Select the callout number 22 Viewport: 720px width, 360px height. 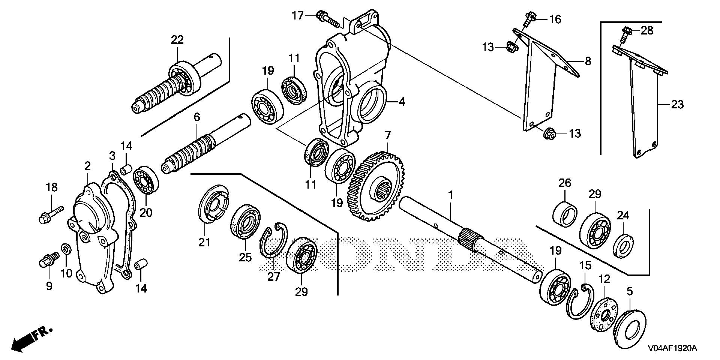point(177,40)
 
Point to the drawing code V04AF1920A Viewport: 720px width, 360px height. point(672,348)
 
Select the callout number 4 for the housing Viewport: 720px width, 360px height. point(402,102)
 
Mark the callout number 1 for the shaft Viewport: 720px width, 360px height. point(451,195)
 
